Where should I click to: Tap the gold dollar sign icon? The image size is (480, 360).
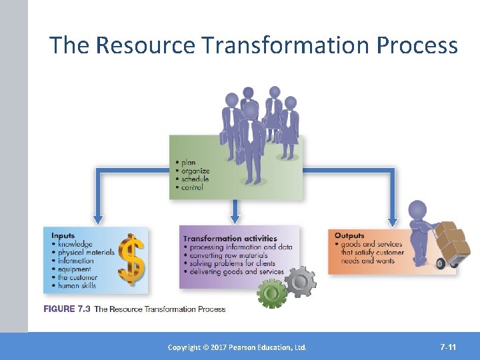pos(131,260)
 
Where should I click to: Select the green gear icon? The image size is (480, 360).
pos(272,293)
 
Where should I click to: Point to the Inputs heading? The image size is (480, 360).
pos(63,235)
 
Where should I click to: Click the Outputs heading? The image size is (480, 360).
pos(349,235)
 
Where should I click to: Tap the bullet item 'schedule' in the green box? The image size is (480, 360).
pos(195,179)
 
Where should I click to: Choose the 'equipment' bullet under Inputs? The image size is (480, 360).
pos(74,269)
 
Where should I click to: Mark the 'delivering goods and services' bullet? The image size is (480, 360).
pos(237,272)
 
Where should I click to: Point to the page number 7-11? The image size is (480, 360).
pos(448,347)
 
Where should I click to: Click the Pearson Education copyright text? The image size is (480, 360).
pos(237,347)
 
